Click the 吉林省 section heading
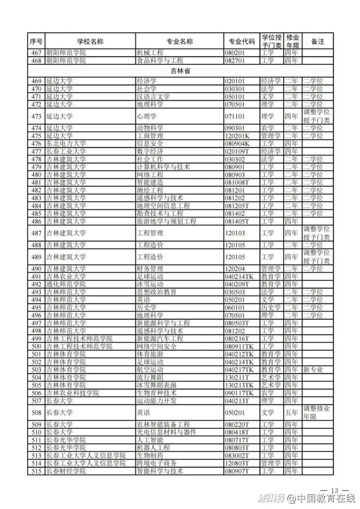tap(179, 71)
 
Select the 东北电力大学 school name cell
tap(65, 143)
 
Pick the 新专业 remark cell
tap(313, 369)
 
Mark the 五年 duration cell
tap(292, 413)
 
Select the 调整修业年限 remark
tap(317, 413)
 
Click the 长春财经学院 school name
tap(65, 471)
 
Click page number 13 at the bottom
tap(334, 490)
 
